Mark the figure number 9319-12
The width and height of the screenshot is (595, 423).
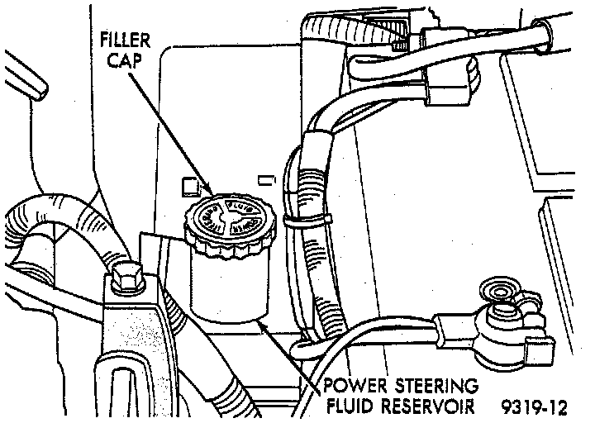pos(533,406)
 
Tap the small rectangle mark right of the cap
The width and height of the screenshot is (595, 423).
pos(266,178)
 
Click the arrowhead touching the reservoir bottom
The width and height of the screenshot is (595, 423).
pos(264,327)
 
